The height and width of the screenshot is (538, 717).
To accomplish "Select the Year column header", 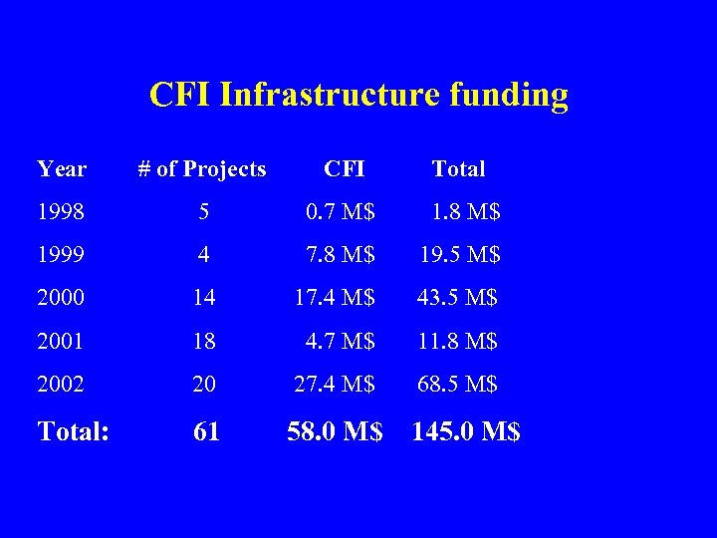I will pyautogui.click(x=62, y=169).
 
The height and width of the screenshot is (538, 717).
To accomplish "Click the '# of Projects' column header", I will pyautogui.click(x=202, y=169).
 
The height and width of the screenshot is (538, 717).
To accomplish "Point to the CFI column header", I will pyautogui.click(x=345, y=169).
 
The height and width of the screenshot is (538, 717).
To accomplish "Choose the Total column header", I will pyautogui.click(x=458, y=169).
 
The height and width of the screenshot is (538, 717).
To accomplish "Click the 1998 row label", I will pyautogui.click(x=61, y=212).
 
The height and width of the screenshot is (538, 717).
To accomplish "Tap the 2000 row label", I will pyautogui.click(x=61, y=298).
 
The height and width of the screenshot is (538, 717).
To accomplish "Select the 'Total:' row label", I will pyautogui.click(x=73, y=431).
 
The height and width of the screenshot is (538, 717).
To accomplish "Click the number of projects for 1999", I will pyautogui.click(x=203, y=255).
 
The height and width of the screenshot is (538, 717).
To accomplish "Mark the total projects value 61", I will pyautogui.click(x=206, y=431).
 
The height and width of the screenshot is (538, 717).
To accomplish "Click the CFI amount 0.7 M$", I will pyautogui.click(x=341, y=212).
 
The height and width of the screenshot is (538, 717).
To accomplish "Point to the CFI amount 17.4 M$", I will pyautogui.click(x=335, y=298).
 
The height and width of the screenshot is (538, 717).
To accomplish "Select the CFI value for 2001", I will pyautogui.click(x=341, y=341).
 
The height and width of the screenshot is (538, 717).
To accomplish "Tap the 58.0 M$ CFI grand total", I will pyautogui.click(x=335, y=431).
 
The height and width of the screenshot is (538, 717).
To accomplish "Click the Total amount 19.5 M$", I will pyautogui.click(x=459, y=255).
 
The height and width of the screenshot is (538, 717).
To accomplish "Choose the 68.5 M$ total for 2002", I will pyautogui.click(x=459, y=384).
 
